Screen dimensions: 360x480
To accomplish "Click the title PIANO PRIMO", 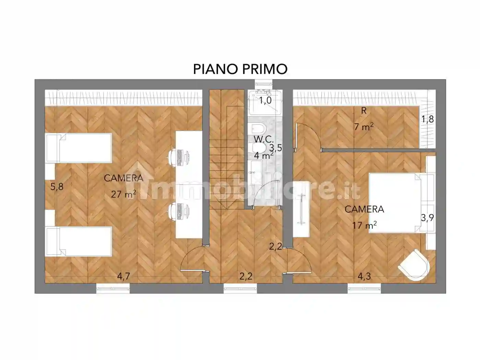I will click(x=240, y=69).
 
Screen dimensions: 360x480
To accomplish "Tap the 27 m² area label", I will click(x=123, y=194).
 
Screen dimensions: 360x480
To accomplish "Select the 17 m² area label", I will click(x=364, y=225).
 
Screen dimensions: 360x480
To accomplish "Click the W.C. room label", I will click(x=263, y=139).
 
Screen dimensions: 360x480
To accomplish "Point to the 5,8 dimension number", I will click(x=57, y=187).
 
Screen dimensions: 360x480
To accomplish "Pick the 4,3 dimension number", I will click(x=364, y=276).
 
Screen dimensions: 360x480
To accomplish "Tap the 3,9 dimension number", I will click(x=428, y=218).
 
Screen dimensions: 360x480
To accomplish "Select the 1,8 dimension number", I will click(x=428, y=119).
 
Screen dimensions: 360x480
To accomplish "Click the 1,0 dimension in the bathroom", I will click(x=265, y=100).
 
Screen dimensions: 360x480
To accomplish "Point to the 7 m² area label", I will click(x=364, y=127).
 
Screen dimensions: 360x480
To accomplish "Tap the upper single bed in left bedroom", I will click(x=79, y=148).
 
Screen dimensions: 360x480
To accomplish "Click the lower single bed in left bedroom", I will click(x=79, y=241).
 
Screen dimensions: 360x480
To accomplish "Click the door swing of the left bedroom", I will click(x=191, y=259).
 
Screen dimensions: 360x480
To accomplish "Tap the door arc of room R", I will click(x=309, y=135).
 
